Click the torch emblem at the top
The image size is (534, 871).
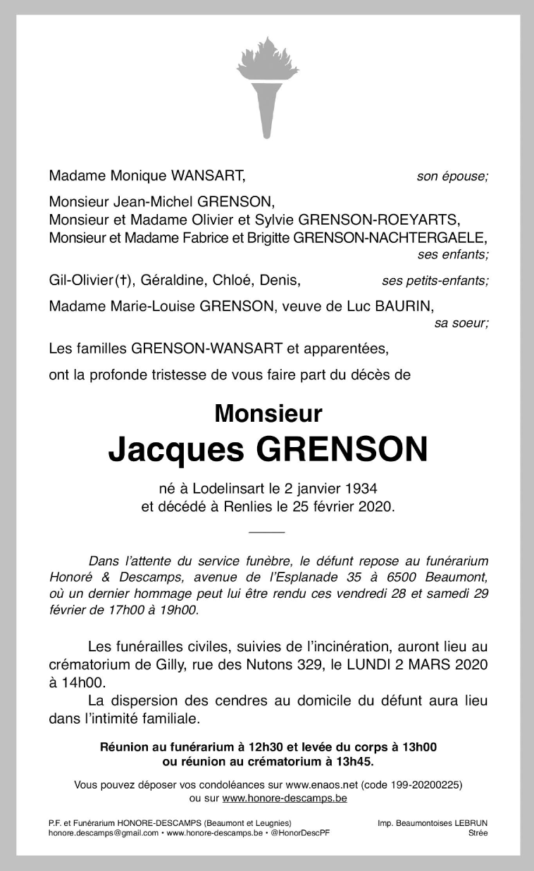tap(267, 88)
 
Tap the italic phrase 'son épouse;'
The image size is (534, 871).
tap(452, 177)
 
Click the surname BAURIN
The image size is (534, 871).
tap(405, 306)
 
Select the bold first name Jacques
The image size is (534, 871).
tap(175, 449)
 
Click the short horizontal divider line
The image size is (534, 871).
tap(267, 530)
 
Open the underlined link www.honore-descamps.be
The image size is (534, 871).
tap(285, 798)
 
